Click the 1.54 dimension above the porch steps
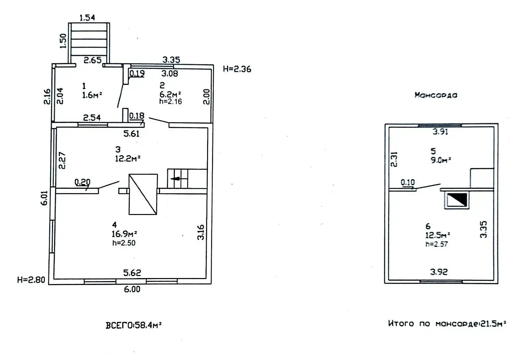(x=87, y=18)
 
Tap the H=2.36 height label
(x=237, y=69)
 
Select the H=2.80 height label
(x=31, y=280)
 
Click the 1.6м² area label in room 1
(x=92, y=95)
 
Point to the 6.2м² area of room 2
(x=170, y=94)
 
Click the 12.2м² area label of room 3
(x=127, y=159)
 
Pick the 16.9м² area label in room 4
(x=124, y=234)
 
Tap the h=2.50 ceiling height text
(x=124, y=243)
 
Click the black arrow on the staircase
(x=176, y=179)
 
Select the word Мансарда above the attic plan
(x=436, y=95)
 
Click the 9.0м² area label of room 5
(x=441, y=160)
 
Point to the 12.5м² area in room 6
(x=438, y=235)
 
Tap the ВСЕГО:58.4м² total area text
(x=133, y=325)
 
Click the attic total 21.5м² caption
(x=447, y=324)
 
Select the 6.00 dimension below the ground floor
(x=132, y=289)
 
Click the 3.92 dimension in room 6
(x=439, y=272)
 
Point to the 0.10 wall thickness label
(x=408, y=182)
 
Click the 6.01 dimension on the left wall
(x=44, y=198)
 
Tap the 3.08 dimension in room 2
(x=170, y=74)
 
